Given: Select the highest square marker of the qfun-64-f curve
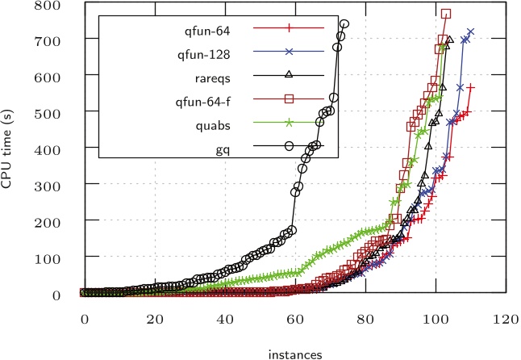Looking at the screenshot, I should coord(446,14).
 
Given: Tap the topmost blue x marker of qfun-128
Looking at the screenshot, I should coord(470,32).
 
